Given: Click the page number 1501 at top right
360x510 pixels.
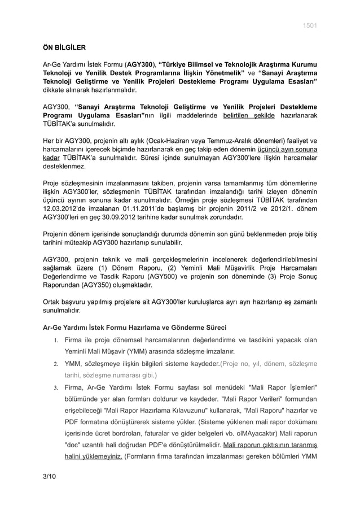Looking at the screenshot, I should (x=310, y=26).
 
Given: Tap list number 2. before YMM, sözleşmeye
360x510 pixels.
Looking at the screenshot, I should (x=56, y=363).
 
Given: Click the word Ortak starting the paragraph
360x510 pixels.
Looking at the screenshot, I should (x=54, y=301).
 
